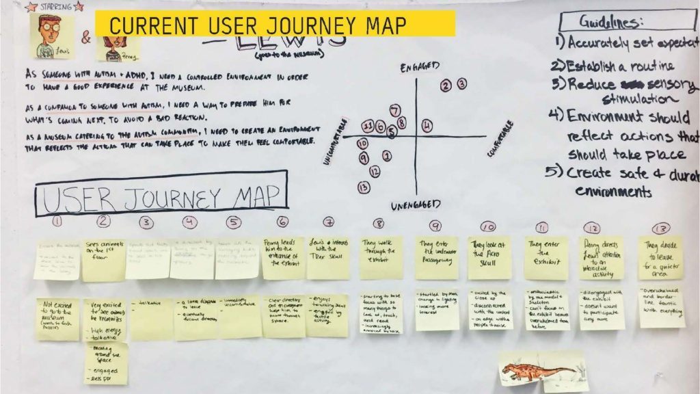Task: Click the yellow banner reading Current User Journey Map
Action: [275, 24]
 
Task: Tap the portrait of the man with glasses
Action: [53, 34]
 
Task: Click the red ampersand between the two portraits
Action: [86, 38]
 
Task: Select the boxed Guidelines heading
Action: [610, 22]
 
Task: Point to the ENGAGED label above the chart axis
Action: [418, 67]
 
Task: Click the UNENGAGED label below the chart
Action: [416, 205]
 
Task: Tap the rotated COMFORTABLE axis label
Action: [499, 140]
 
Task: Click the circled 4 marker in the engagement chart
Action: [427, 125]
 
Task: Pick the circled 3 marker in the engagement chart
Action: [462, 84]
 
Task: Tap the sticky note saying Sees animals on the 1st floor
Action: [103, 258]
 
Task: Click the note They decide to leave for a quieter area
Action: [661, 258]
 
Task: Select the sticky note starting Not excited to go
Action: [57, 319]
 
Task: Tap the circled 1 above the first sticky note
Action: [57, 222]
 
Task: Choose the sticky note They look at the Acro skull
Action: [489, 258]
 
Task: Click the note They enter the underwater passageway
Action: [436, 258]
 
